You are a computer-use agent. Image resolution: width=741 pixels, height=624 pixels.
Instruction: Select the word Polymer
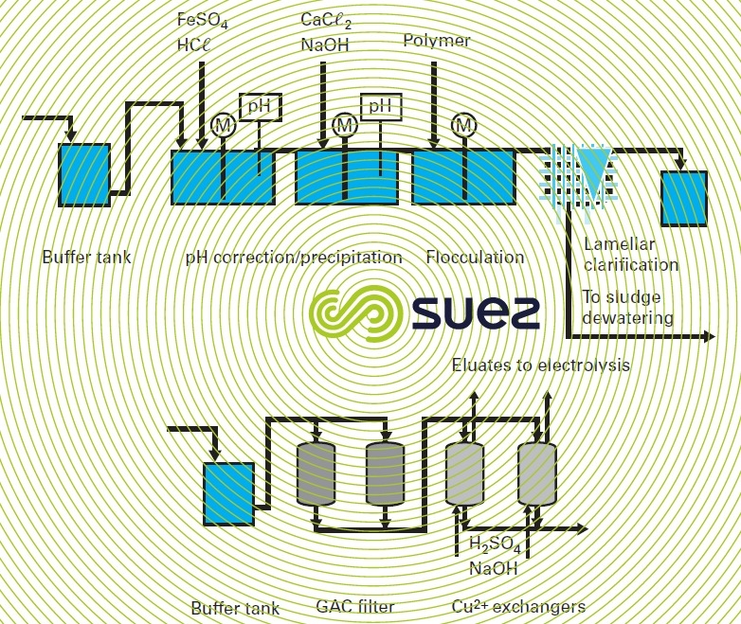pos(436,41)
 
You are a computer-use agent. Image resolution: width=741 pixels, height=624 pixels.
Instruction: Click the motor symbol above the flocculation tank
pos(462,124)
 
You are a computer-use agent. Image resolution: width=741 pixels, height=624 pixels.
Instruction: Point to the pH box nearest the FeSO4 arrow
pos(258,107)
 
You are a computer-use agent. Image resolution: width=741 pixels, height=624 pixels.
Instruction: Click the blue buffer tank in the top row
pos(84,174)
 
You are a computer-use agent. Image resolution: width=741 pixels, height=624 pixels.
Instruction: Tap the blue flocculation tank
pos(463,177)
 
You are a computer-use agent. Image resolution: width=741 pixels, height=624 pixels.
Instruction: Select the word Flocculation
pos(475,258)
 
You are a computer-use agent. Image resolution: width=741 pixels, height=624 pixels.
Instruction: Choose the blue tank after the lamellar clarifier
pos(684,197)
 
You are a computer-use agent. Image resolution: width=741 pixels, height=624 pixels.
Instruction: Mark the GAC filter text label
pos(354,606)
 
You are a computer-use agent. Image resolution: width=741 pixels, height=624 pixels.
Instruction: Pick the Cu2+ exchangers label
pos(517,606)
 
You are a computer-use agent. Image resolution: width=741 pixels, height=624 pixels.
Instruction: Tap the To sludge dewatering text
pos(627,309)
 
